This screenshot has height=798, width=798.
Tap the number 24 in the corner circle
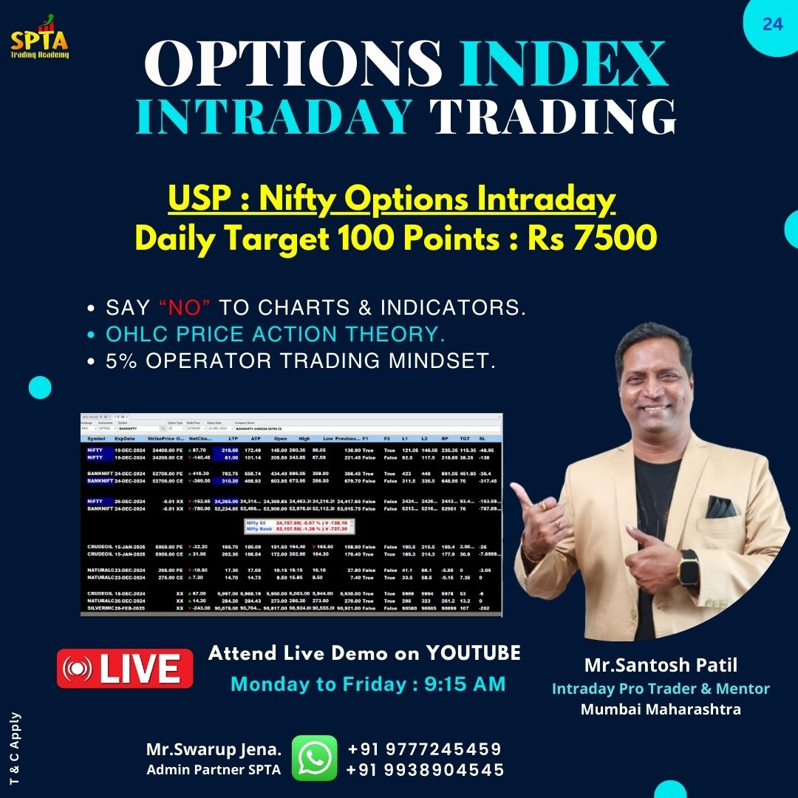click(772, 24)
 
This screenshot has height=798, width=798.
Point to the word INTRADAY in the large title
click(274, 117)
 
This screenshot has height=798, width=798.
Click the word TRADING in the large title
click(553, 117)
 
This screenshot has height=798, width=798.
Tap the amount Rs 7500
click(592, 238)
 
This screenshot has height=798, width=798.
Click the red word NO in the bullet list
click(176, 307)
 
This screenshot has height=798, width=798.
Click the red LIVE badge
click(125, 669)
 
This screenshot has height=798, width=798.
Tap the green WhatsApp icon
click(314, 758)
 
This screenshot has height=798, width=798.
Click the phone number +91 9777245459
click(424, 748)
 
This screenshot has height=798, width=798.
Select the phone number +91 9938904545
click(425, 770)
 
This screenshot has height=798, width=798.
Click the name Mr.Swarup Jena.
click(214, 749)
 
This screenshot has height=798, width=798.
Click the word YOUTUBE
click(472, 653)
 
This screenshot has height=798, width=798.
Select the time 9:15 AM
click(465, 684)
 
